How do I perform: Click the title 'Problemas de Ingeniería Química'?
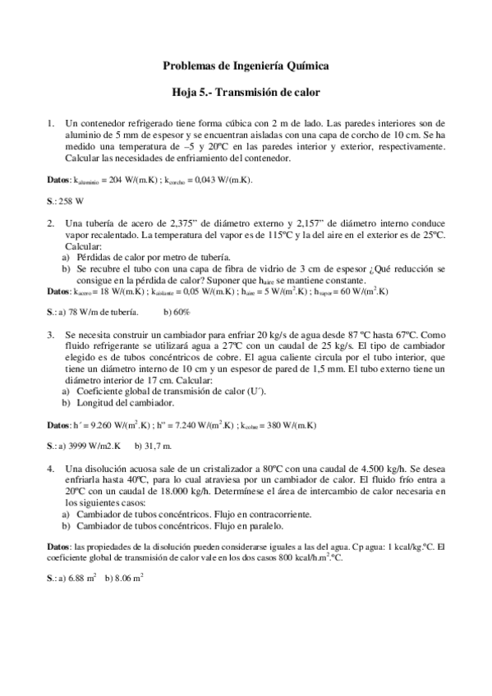tap(246, 65)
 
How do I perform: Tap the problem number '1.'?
tap(52, 123)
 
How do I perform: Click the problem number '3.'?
tap(52, 335)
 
